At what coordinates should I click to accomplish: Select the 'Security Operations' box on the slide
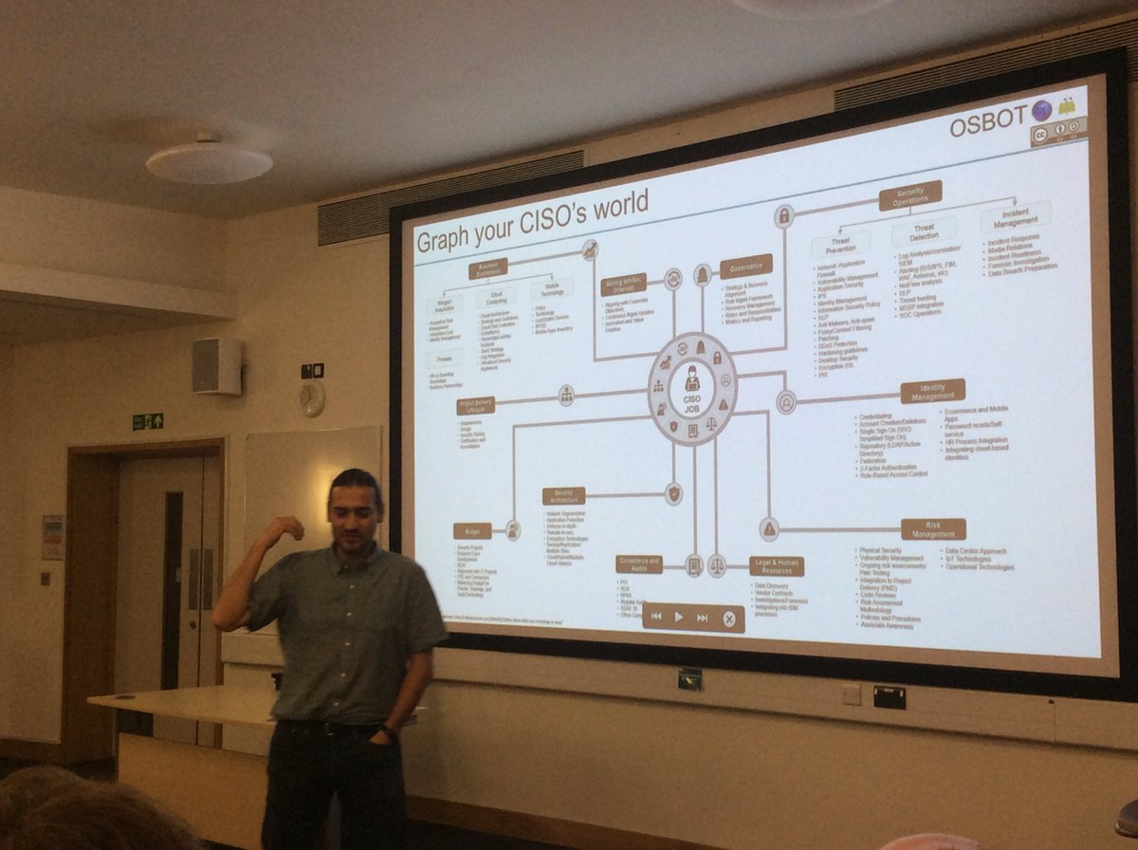909,194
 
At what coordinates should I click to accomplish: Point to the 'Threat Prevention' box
839,244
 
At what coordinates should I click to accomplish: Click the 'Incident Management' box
1015,217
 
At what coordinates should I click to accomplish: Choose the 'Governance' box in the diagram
745,267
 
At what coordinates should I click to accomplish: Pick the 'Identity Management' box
932,391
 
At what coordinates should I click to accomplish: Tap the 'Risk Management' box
933,529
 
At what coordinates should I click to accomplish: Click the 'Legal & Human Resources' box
777,566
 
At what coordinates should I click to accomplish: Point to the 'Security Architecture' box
563,496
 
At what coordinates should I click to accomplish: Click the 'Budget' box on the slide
472,531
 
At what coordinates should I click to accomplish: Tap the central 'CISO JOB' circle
691,389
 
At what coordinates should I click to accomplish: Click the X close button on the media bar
728,619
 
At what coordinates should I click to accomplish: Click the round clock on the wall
311,399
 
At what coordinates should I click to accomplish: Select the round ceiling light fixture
209,162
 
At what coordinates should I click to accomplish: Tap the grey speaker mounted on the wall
216,366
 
